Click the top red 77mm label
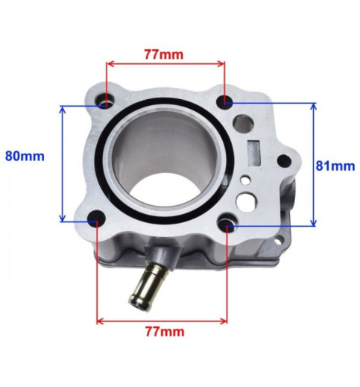click(164, 54)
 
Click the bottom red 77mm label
click(165, 332)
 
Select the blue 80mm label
click(25, 156)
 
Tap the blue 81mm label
click(335, 166)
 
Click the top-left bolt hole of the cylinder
click(104, 101)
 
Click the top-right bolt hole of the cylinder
click(224, 101)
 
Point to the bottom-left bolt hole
click(97, 218)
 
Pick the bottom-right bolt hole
click(227, 224)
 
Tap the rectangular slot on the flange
click(253, 154)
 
